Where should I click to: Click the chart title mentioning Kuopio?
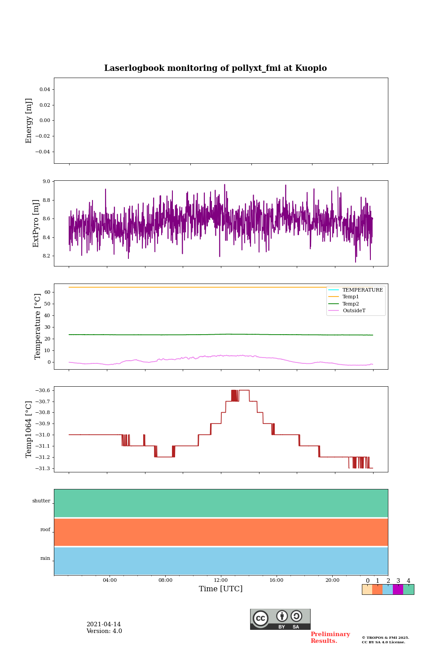pyautogui.click(x=215, y=68)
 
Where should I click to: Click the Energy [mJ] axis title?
pyautogui.click(x=29, y=121)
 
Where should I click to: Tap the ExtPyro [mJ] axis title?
pyautogui.click(x=36, y=223)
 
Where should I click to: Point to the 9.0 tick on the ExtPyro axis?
pyautogui.click(x=46, y=181)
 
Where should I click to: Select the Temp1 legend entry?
pyautogui.click(x=351, y=297)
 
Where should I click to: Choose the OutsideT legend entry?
pyautogui.click(x=354, y=311)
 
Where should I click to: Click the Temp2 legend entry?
pyautogui.click(x=351, y=304)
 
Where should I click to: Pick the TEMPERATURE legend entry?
pyautogui.click(x=362, y=290)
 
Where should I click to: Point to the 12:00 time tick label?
pyautogui.click(x=221, y=581)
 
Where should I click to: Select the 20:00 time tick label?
pyautogui.click(x=332, y=581)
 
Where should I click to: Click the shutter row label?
pyautogui.click(x=41, y=501)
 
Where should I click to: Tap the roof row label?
pyautogui.click(x=45, y=530)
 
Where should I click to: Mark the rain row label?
pyautogui.click(x=45, y=559)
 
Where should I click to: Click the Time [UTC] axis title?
pyautogui.click(x=221, y=589)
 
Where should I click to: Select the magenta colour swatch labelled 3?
pyautogui.click(x=398, y=589)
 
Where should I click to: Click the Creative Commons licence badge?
pyautogui.click(x=280, y=619)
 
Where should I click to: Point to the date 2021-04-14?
pyautogui.click(x=103, y=624)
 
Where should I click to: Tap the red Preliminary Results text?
pyautogui.click(x=330, y=637)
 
